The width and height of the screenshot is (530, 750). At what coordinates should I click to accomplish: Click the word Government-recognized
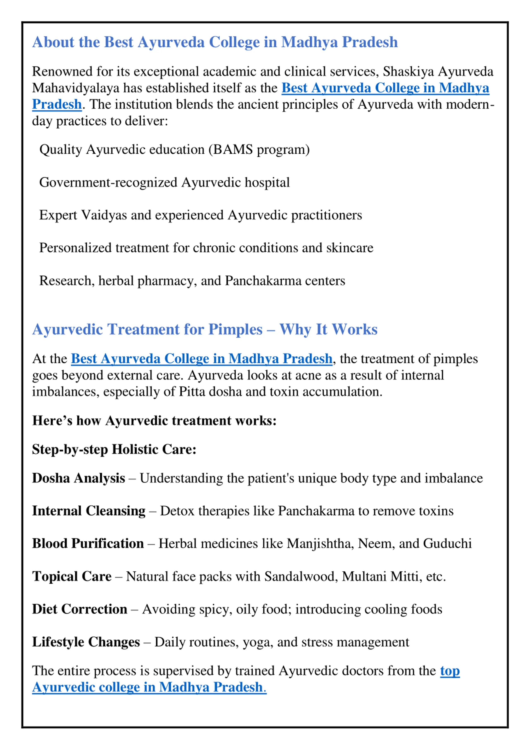pos(108,182)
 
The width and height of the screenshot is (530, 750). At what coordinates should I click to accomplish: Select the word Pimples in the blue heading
pos(235,329)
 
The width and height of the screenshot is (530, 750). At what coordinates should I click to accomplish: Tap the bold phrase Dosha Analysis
pos(78,478)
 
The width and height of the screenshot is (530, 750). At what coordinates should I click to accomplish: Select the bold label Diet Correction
pos(79,609)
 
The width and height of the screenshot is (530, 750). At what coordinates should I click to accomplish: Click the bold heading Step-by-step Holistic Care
pos(114,450)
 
